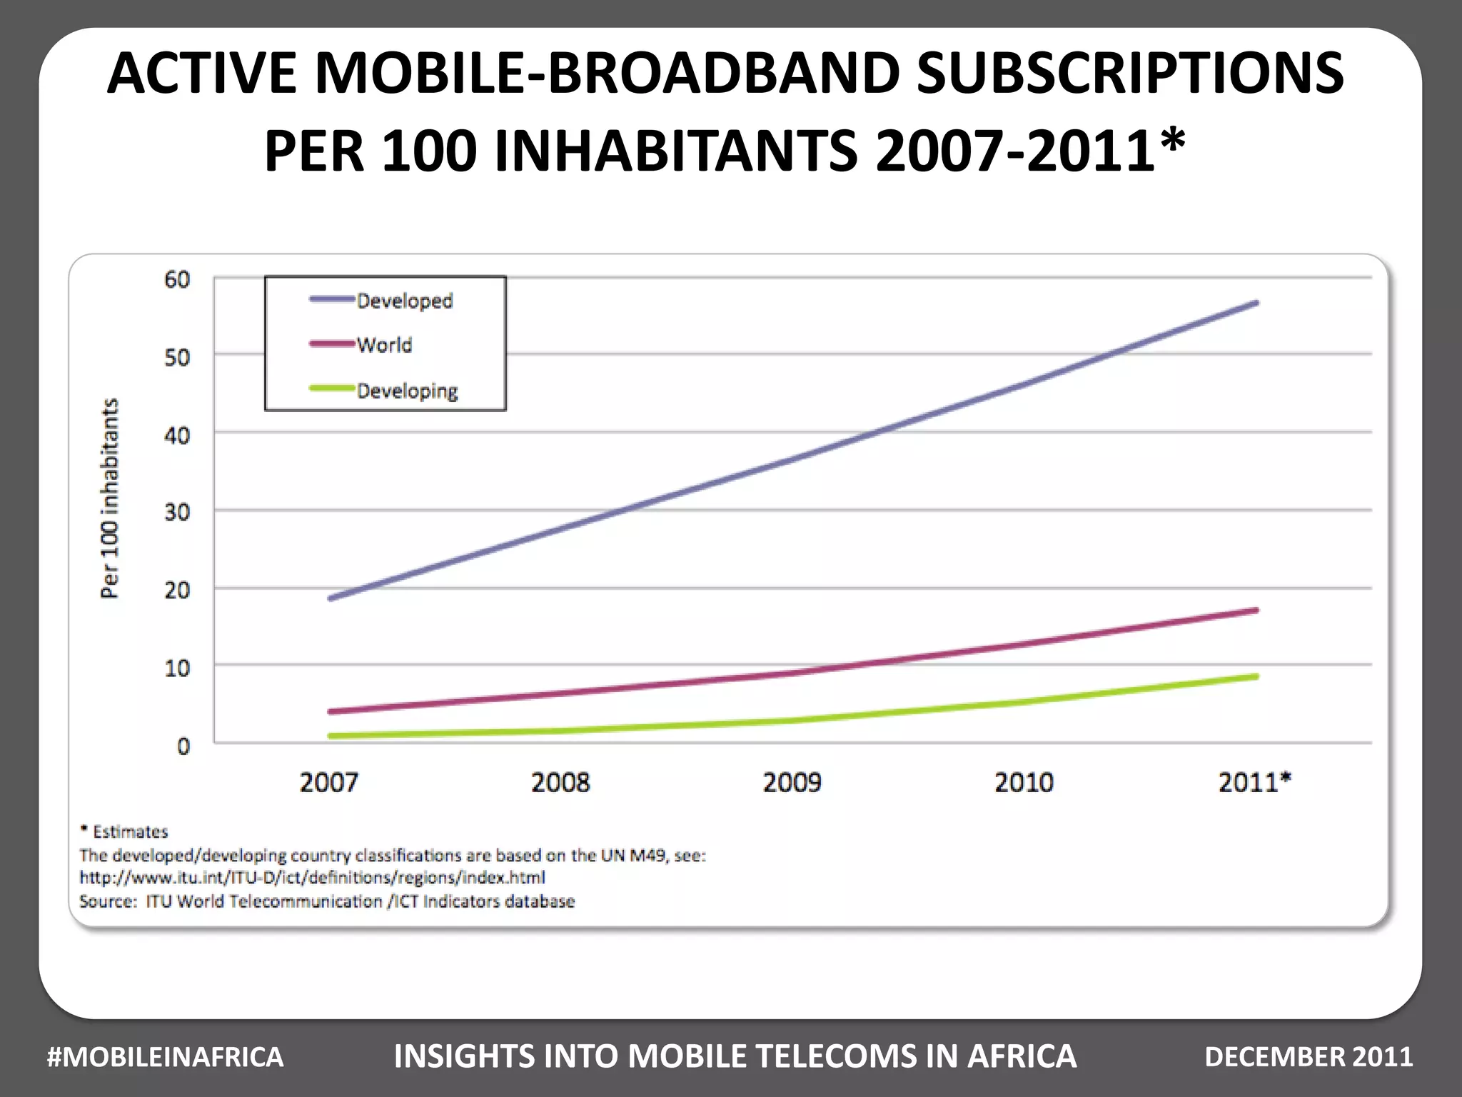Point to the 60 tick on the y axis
coord(177,279)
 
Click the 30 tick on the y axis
coord(177,512)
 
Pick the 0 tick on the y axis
coord(183,746)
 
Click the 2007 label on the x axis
coord(328,783)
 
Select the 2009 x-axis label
coord(792,783)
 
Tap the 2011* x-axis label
coord(1254,783)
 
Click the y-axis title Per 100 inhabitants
coord(109,498)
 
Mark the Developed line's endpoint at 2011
coord(1256,304)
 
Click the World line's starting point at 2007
coord(331,711)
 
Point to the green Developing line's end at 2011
coord(1256,676)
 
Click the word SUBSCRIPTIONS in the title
coord(1129,74)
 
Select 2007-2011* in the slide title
coord(1030,151)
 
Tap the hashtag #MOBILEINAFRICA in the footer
coord(165,1057)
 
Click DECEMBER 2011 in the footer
coord(1309,1057)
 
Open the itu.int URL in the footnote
coord(312,878)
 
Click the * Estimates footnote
coord(124,832)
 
